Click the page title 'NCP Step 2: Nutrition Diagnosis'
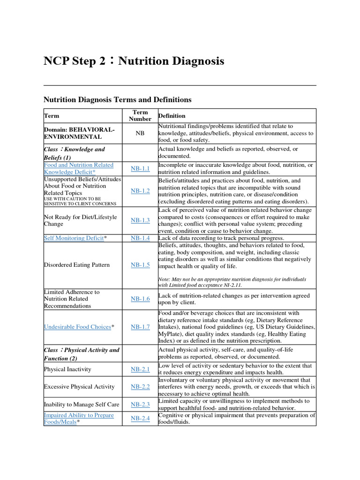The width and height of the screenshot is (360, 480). pyautogui.click(x=134, y=61)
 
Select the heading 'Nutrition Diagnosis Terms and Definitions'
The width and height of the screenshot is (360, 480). pyautogui.click(x=117, y=99)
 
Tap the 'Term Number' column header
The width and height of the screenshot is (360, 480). pyautogui.click(x=140, y=116)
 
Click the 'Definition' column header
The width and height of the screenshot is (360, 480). pyautogui.click(x=172, y=116)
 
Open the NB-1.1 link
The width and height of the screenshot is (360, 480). pyautogui.click(x=140, y=168)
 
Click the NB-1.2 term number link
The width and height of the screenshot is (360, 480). pyautogui.click(x=140, y=191)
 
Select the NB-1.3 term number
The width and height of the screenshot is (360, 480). pyautogui.click(x=140, y=220)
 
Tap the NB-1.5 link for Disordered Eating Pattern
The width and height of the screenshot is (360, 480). pyautogui.click(x=140, y=265)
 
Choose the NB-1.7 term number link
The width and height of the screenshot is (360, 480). pyautogui.click(x=140, y=327)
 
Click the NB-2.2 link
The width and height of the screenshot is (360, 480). pyautogui.click(x=140, y=387)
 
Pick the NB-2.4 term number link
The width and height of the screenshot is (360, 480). pyautogui.click(x=140, y=418)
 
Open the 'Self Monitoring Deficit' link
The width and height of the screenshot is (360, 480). pyautogui.click(x=74, y=238)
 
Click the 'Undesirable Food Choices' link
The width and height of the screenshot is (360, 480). pyautogui.click(x=77, y=327)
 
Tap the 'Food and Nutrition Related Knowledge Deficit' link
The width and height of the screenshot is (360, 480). pyautogui.click(x=78, y=168)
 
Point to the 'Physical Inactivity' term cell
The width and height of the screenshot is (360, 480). pyautogui.click(x=67, y=369)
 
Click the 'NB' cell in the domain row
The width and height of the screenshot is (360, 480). pyautogui.click(x=140, y=134)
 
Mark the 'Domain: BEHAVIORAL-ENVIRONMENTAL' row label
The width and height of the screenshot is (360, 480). pyautogui.click(x=78, y=133)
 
